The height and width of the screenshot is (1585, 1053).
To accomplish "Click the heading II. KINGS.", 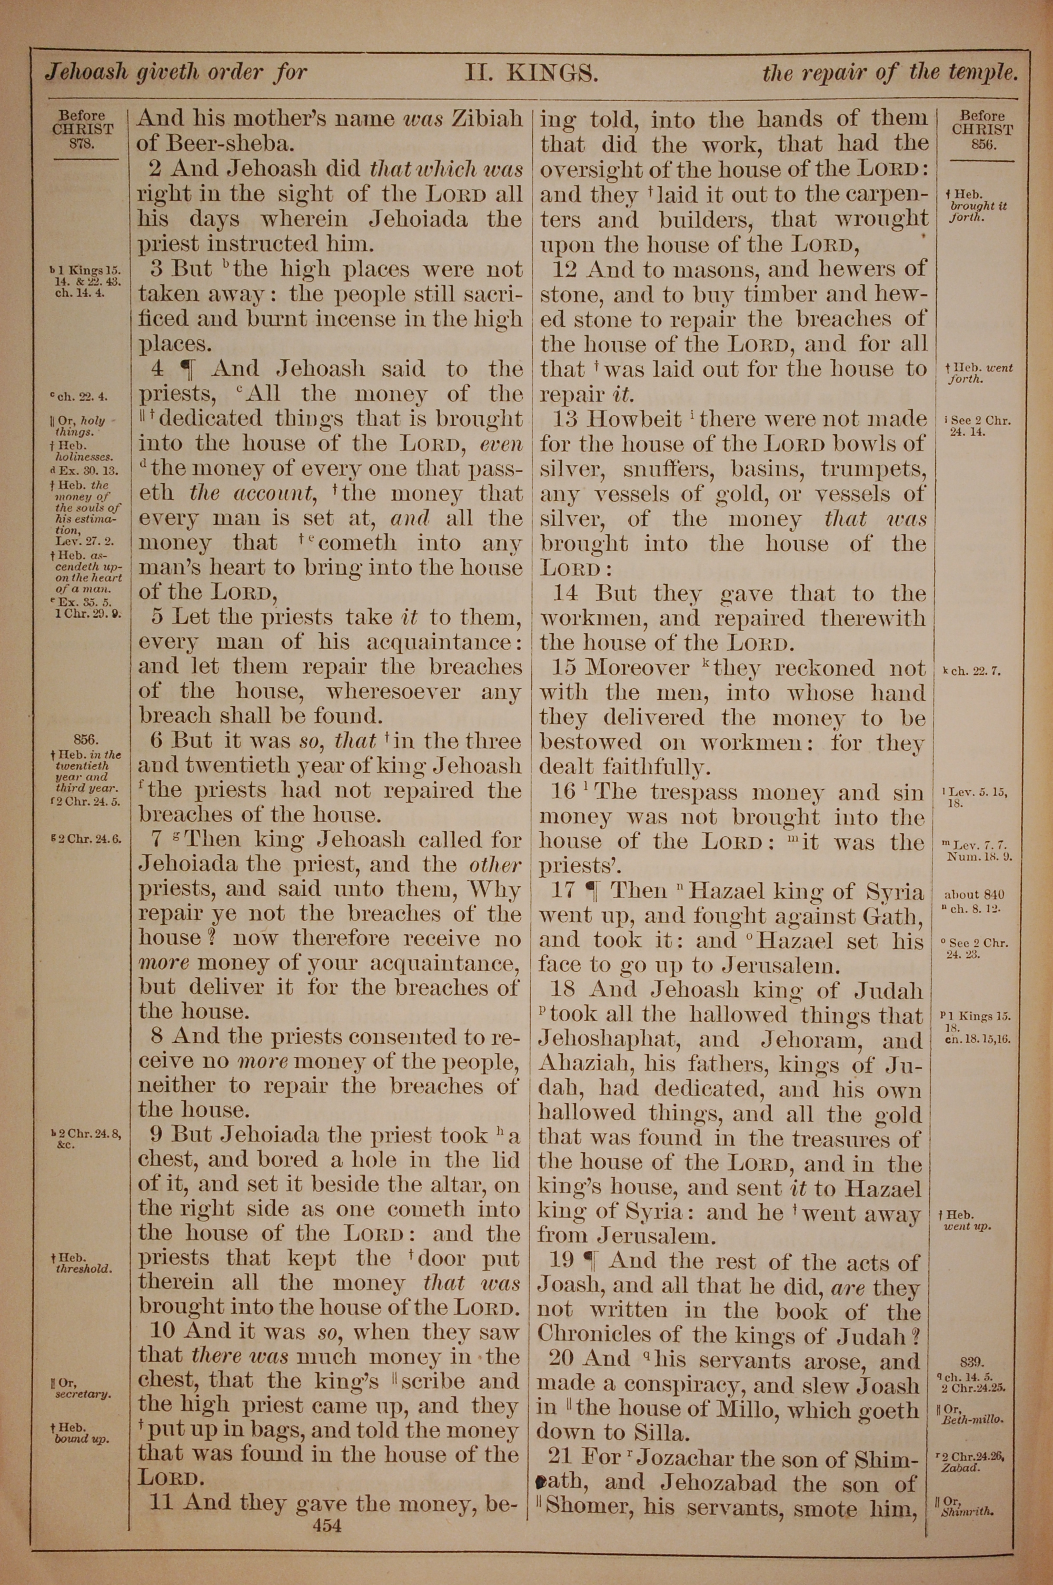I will pyautogui.click(x=531, y=73).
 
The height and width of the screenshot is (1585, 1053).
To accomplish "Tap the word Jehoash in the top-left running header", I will pyautogui.click(x=85, y=72).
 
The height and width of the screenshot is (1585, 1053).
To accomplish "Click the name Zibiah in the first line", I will pyautogui.click(x=487, y=120).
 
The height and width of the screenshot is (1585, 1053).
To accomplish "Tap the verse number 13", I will pyautogui.click(x=565, y=419).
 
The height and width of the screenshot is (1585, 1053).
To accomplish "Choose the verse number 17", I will pyautogui.click(x=565, y=892).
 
